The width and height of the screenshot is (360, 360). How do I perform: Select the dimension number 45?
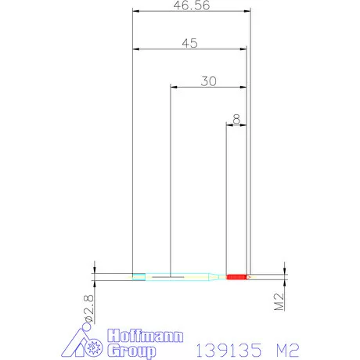coord(189,43)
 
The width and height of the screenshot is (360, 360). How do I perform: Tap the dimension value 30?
coord(208,81)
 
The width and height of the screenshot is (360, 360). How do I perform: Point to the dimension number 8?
coord(236,119)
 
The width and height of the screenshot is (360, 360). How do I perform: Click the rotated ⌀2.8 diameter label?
coord(88,307)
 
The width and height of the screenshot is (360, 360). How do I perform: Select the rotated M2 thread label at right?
coord(278,301)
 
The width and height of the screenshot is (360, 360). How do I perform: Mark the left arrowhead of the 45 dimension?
coord(136,50)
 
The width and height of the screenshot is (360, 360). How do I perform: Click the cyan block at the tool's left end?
coord(139,276)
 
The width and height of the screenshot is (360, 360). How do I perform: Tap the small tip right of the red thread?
coord(249,276)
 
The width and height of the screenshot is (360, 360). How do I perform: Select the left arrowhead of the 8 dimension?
coord(229,126)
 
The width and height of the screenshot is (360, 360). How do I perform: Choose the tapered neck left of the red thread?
coord(214,276)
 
